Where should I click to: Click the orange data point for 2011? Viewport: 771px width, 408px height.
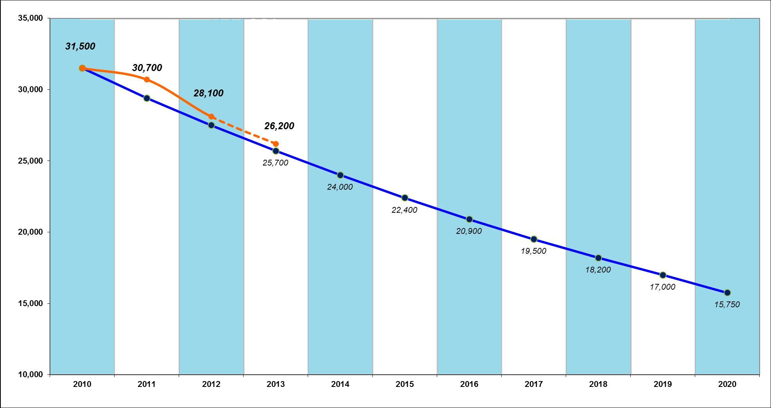pyautogui.click(x=147, y=80)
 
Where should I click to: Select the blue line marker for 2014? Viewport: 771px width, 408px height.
pyautogui.click(x=340, y=175)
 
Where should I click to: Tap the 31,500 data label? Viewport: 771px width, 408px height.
pyautogui.click(x=80, y=46)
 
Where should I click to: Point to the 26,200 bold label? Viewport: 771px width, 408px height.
pyautogui.click(x=279, y=126)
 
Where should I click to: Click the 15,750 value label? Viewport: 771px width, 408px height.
pyautogui.click(x=727, y=305)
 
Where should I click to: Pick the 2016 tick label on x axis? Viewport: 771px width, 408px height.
pyautogui.click(x=469, y=385)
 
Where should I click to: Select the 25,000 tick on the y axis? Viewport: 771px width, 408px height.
pyautogui.click(x=30, y=161)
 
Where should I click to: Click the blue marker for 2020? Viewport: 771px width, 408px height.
pyautogui.click(x=727, y=293)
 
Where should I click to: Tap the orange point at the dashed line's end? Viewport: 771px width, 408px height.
pyautogui.click(x=276, y=144)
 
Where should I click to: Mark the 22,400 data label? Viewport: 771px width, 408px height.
pyautogui.click(x=404, y=210)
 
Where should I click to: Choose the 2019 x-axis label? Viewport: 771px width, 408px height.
pyautogui.click(x=663, y=385)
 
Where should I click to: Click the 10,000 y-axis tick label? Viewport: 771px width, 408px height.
pyautogui.click(x=30, y=374)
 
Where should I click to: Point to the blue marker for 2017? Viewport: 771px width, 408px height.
pyautogui.click(x=534, y=239)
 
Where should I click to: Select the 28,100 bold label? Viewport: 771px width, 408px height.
pyautogui.click(x=208, y=93)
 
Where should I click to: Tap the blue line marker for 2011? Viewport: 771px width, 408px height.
pyautogui.click(x=147, y=98)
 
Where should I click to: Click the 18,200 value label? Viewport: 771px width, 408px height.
pyautogui.click(x=598, y=270)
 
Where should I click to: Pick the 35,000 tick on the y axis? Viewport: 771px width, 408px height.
pyautogui.click(x=30, y=18)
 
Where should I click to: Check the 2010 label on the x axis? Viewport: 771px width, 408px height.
pyautogui.click(x=82, y=385)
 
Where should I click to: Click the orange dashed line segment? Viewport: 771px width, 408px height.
pyautogui.click(x=243, y=130)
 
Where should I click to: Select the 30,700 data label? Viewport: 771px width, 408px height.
pyautogui.click(x=147, y=68)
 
